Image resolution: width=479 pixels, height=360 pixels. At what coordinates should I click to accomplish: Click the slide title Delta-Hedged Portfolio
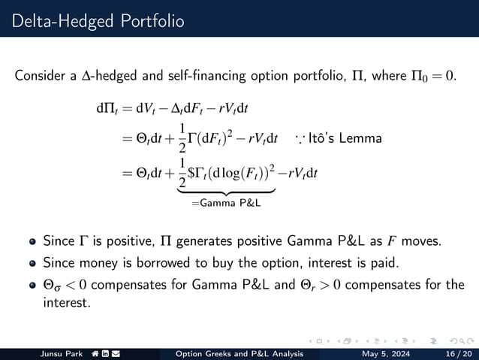[x=98, y=20]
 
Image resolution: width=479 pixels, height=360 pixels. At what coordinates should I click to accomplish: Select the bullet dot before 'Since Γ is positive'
[x=32, y=243]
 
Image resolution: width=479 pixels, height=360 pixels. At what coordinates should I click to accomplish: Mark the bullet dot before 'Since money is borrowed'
[x=32, y=264]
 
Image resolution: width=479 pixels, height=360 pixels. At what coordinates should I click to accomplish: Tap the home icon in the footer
[x=97, y=354]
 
